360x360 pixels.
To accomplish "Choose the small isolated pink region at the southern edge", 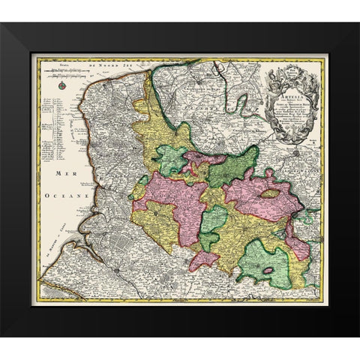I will click(203, 261).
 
